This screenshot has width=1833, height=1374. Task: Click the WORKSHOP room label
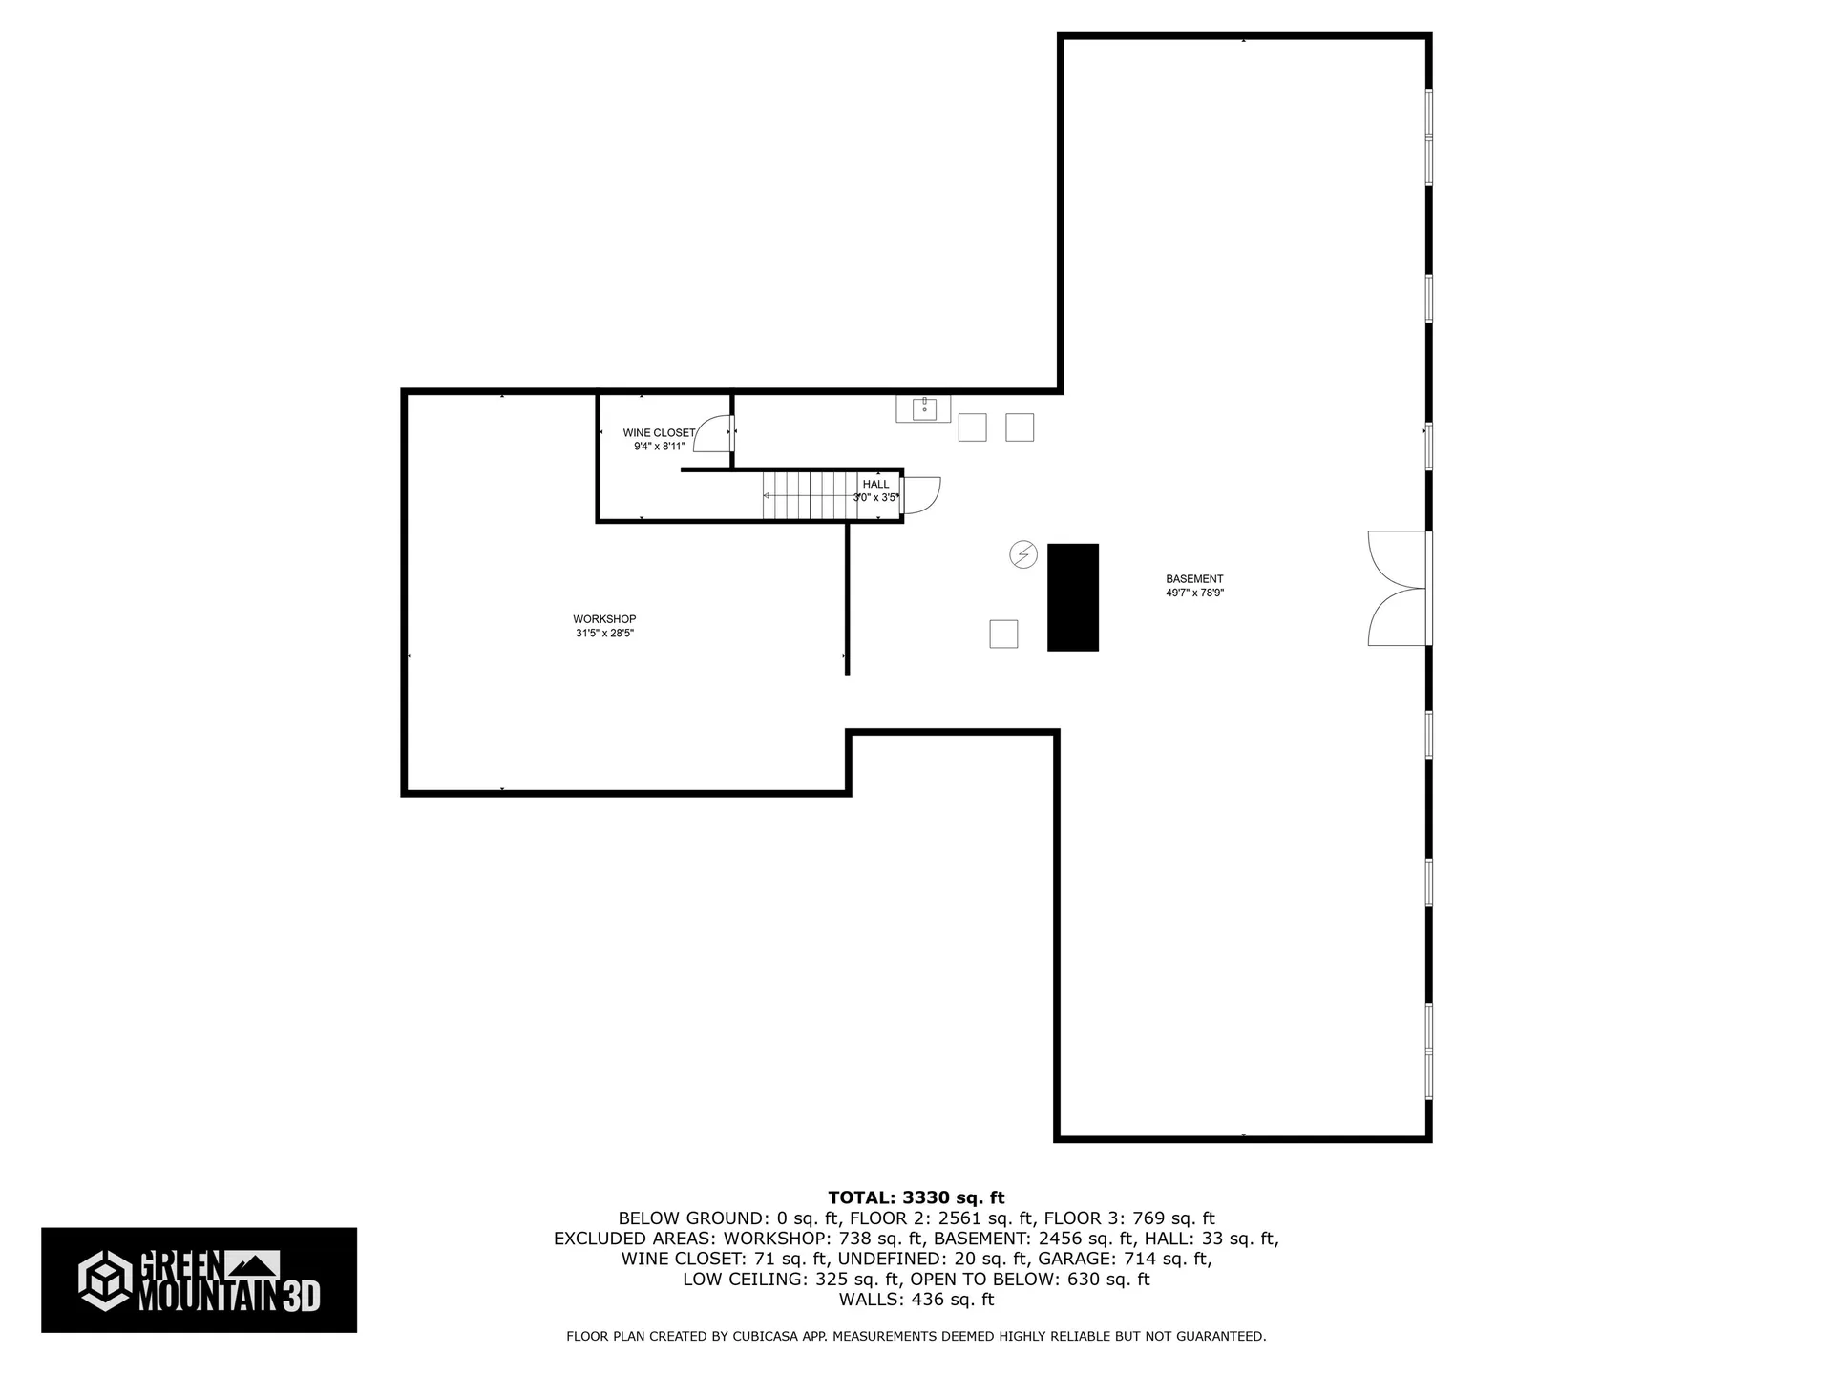pyautogui.click(x=604, y=619)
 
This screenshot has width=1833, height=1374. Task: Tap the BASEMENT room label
pyautogui.click(x=1193, y=579)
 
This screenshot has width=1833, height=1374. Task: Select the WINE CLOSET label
pyautogui.click(x=659, y=433)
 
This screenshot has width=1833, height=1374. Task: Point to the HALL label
pyautogui.click(x=875, y=485)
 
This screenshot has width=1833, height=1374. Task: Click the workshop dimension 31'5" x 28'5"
pyautogui.click(x=604, y=634)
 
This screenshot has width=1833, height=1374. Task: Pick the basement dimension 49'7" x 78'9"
pyautogui.click(x=1194, y=593)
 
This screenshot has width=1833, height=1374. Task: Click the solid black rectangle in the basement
pyautogui.click(x=1072, y=597)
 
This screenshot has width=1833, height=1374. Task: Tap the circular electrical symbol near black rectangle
pyautogui.click(x=1023, y=554)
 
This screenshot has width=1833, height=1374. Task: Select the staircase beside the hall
pyautogui.click(x=807, y=495)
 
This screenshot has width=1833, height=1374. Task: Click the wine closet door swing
pyautogui.click(x=712, y=435)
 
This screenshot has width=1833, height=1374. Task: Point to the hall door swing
pyautogui.click(x=921, y=494)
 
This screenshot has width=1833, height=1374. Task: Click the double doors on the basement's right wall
pyautogui.click(x=1397, y=589)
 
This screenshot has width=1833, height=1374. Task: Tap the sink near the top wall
pyautogui.click(x=923, y=409)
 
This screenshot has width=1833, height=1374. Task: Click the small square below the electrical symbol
pyautogui.click(x=1003, y=634)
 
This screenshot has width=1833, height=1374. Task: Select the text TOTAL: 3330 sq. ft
pyautogui.click(x=916, y=1197)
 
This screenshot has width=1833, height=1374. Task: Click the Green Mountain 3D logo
pyautogui.click(x=199, y=1280)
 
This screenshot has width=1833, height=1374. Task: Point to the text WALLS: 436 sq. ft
pyautogui.click(x=916, y=1300)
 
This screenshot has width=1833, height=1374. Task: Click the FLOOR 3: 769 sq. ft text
pyautogui.click(x=1128, y=1218)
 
